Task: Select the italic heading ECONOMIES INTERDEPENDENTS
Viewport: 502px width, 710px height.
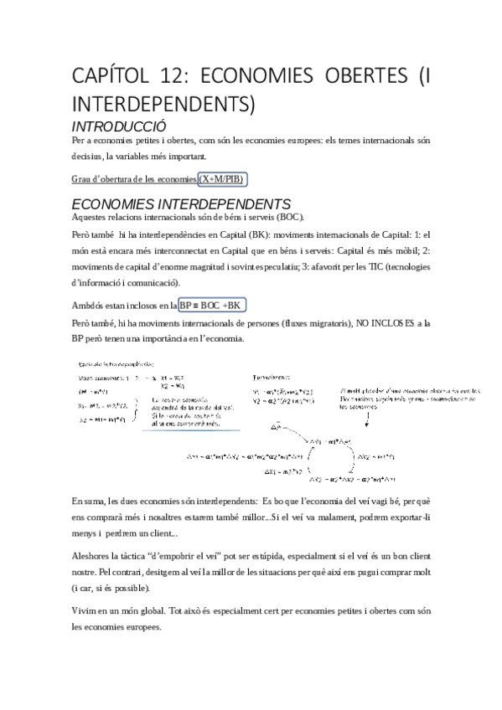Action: coord(181,204)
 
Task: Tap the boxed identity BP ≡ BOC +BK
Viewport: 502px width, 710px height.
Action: coord(213,305)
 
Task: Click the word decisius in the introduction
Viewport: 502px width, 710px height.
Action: coord(89,155)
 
